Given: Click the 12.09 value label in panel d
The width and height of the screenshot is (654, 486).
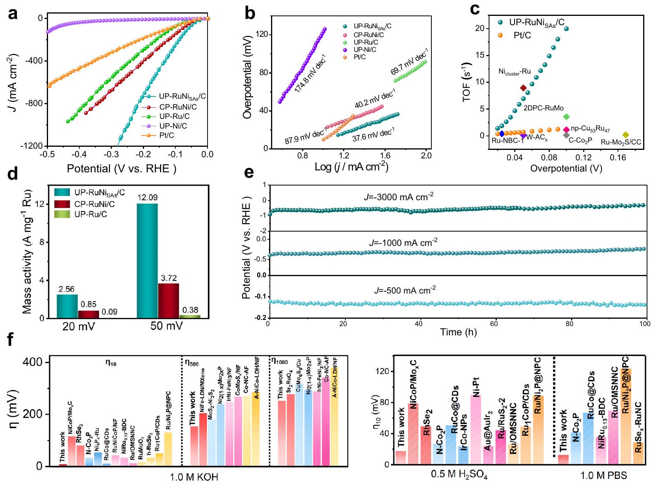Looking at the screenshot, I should (148, 197).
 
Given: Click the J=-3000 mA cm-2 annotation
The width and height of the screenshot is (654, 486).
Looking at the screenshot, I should (398, 197).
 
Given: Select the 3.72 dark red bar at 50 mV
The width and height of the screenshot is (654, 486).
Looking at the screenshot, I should (168, 301).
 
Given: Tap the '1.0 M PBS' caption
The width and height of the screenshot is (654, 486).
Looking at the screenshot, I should (604, 475).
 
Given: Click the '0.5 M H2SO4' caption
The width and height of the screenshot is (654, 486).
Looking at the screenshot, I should (459, 475).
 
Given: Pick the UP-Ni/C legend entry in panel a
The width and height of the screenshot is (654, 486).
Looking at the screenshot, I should (173, 126).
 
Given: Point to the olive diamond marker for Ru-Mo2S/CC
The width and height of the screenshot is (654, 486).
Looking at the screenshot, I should (626, 135).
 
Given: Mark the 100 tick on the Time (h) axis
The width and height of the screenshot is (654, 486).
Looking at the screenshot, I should (645, 324).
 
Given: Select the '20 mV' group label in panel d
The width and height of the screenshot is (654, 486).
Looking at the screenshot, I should (79, 326).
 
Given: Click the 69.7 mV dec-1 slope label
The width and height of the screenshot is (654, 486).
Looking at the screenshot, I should (409, 62).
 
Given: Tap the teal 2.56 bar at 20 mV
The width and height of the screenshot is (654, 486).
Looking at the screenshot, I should (67, 306).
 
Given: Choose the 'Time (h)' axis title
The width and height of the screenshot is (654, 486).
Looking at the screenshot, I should (458, 332).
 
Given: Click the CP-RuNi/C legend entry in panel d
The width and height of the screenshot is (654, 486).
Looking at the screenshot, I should (94, 204).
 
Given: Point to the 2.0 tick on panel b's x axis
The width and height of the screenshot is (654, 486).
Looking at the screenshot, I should (426, 156).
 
